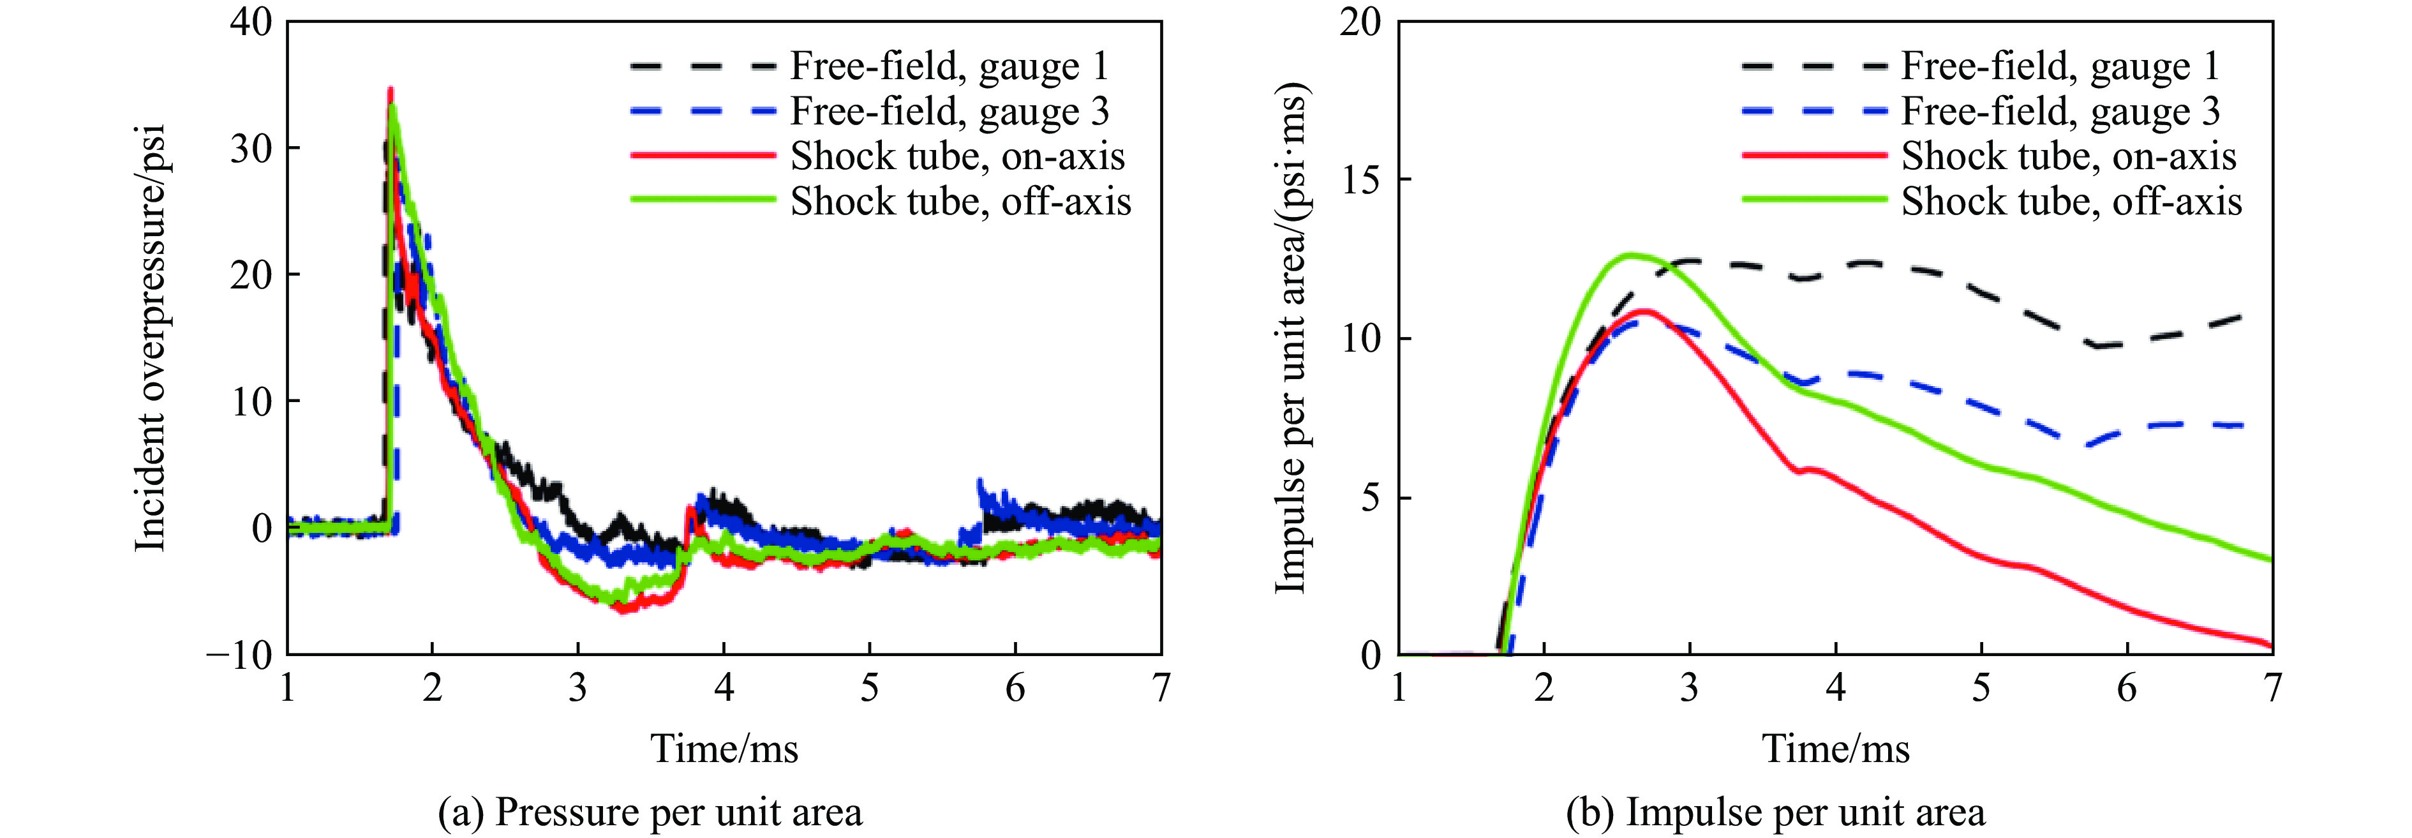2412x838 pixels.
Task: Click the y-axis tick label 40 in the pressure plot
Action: click(250, 22)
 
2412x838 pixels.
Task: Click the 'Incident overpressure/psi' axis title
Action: click(151, 337)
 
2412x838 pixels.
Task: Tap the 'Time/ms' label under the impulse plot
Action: click(1835, 749)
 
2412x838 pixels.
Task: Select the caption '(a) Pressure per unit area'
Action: click(650, 812)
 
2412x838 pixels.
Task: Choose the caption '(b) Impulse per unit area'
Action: click(1775, 812)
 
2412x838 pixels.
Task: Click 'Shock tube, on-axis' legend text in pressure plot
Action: click(957, 156)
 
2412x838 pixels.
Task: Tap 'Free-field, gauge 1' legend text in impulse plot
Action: click(2060, 66)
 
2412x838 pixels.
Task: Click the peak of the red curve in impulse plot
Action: click(1644, 310)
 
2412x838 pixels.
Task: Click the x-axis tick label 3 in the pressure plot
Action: click(577, 689)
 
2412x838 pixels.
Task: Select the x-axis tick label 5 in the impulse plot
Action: click(1981, 689)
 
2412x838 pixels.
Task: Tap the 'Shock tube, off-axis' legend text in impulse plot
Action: click(2071, 201)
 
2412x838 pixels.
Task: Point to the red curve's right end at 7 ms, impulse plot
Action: click(2270, 644)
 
